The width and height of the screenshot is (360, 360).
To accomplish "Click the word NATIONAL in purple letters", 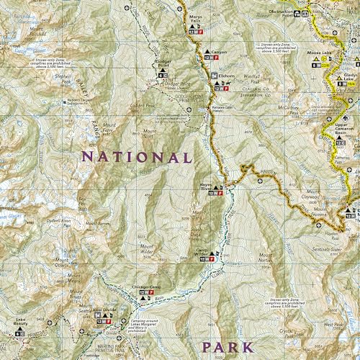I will pos(137,156).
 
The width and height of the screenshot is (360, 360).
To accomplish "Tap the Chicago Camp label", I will pos(144,287).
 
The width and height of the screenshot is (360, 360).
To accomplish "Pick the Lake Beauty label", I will pos(19,325).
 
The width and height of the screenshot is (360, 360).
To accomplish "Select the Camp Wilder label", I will pos(207,252).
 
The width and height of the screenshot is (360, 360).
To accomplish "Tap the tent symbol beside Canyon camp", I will pos(206,53).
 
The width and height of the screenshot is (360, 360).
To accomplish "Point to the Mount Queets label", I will pos(62,262).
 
